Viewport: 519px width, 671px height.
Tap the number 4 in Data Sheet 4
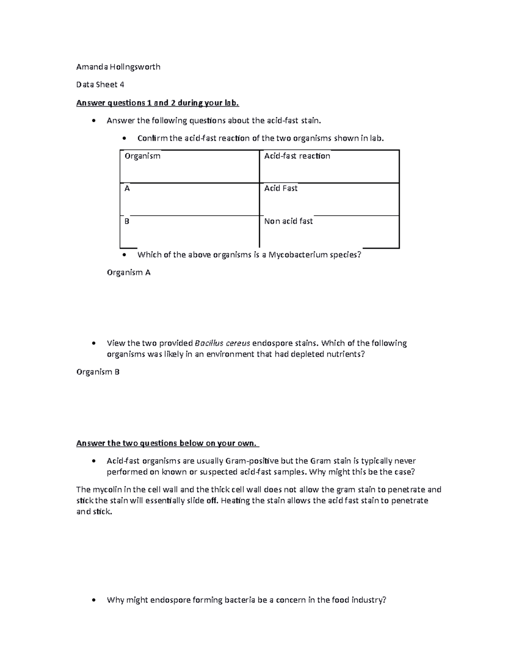(122, 85)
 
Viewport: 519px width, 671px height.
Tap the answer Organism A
(128, 273)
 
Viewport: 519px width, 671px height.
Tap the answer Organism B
(98, 372)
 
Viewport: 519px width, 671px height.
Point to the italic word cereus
(237, 343)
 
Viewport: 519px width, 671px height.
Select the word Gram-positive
(253, 461)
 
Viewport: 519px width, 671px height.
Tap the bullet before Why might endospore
(94, 600)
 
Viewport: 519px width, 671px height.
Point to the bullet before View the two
(94, 343)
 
